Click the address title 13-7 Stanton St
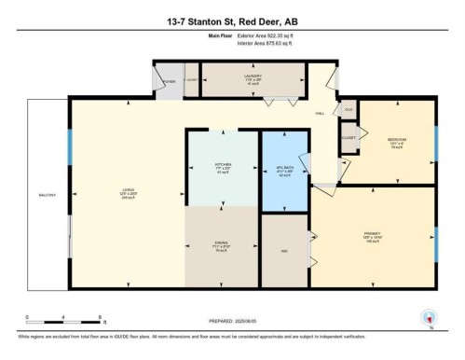[232, 21]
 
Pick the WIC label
[284, 249]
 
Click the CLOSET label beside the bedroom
[349, 137]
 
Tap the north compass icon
[430, 318]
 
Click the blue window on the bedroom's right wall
[436, 140]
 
